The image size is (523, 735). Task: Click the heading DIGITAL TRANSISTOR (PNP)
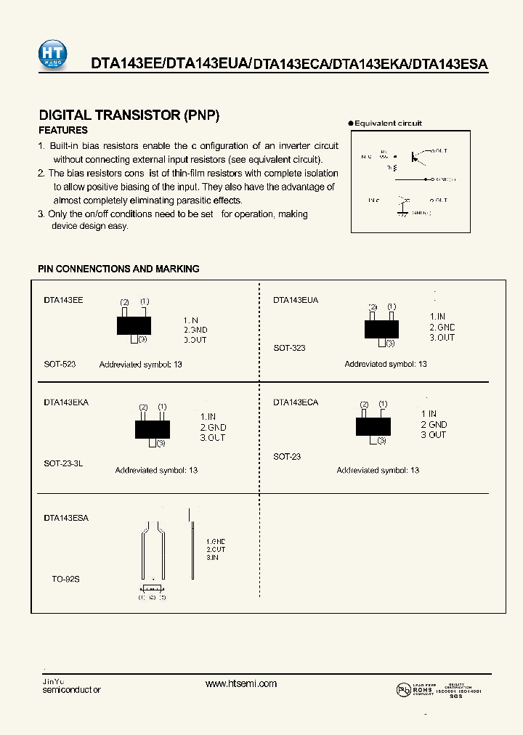tap(129, 115)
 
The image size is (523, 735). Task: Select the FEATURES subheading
tap(62, 131)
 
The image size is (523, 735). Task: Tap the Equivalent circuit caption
tap(388, 123)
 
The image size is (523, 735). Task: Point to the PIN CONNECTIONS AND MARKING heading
tap(118, 269)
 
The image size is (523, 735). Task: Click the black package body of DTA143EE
tap(134, 325)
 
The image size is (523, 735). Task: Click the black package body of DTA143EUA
tap(381, 329)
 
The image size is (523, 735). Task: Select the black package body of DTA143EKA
tap(152, 429)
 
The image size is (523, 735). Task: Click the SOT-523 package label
tap(60, 364)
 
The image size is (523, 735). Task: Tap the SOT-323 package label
tap(289, 348)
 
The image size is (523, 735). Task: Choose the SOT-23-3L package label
tap(63, 463)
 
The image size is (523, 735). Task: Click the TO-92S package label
tap(65, 580)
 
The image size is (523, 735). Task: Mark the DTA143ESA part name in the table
tap(66, 518)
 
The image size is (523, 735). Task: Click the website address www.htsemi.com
tap(241, 683)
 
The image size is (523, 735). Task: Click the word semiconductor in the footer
tap(72, 689)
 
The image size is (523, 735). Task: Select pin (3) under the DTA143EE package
tap(142, 339)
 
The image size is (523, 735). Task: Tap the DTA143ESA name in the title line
tap(449, 64)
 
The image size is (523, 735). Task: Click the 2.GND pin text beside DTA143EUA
tap(442, 327)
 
